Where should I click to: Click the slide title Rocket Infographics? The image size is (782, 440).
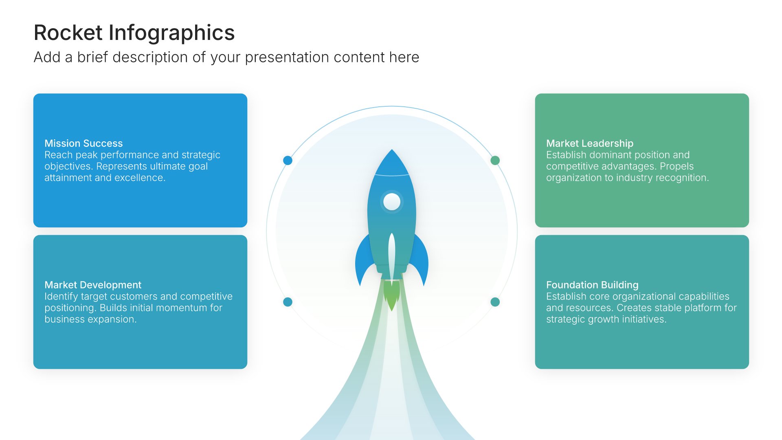tap(134, 33)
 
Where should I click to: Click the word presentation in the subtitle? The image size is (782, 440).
tap(287, 58)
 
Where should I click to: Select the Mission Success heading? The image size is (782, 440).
tap(83, 143)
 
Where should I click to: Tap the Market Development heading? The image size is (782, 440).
tap(93, 285)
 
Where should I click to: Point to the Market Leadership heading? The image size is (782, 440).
tap(590, 143)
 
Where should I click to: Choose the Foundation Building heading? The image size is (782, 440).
tap(592, 285)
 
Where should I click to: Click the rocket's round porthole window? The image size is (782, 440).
tap(392, 202)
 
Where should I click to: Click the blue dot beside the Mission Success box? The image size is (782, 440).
tap(288, 161)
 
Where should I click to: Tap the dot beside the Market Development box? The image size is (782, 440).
tap(288, 302)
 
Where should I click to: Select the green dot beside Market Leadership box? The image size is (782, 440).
tap(495, 161)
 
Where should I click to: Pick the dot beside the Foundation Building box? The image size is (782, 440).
tap(495, 302)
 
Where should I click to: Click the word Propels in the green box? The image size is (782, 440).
tap(677, 167)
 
